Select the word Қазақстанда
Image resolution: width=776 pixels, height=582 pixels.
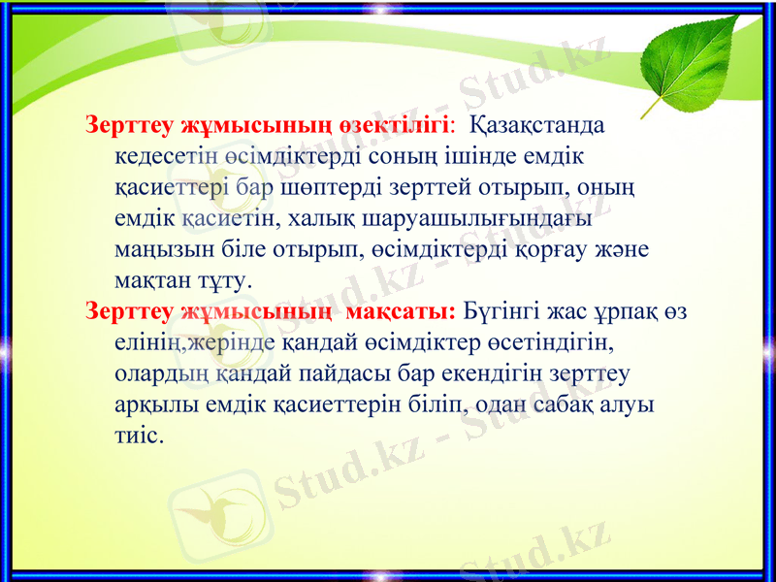pos(536,126)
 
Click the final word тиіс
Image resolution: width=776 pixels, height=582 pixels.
pos(139,436)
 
